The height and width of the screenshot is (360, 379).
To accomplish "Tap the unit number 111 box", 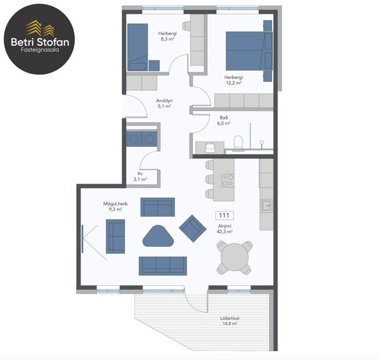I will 224,215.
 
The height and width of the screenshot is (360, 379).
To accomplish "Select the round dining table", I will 234,257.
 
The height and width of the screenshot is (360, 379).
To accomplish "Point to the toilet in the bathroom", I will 237,142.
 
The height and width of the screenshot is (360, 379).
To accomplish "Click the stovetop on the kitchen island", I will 228,180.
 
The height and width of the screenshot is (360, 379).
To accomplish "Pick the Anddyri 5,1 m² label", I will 163,103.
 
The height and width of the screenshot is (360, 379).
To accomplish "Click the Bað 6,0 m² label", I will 224,120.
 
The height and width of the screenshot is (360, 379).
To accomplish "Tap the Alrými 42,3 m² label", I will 224,228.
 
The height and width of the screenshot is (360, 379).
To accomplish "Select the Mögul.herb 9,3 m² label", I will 115,206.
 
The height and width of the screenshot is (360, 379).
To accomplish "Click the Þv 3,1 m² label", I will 140,177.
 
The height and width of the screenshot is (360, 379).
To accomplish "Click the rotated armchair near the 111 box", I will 191,228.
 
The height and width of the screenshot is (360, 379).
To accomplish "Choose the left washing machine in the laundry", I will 135,138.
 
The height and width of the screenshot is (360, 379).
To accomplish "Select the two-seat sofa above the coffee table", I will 157,207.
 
